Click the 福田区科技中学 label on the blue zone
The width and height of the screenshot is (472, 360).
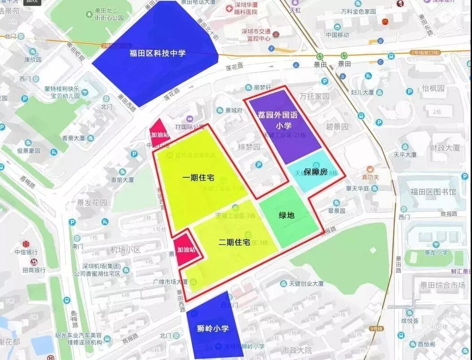coord(157,53)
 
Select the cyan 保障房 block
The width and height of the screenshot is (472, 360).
coord(316,172)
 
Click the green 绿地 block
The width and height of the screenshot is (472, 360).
coord(287,215)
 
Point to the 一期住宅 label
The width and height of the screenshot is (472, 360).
coord(198,178)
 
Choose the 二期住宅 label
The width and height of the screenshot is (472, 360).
coord(234,242)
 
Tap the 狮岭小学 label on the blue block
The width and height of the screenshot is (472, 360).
coord(213,328)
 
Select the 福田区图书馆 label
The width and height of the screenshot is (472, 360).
coord(433,192)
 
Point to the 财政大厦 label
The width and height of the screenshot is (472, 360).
coord(445,147)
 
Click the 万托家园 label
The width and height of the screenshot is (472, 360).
coord(315,97)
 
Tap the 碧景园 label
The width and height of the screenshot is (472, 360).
coord(337,127)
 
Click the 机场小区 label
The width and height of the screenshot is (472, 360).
coord(125,250)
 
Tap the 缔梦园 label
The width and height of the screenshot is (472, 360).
coord(249,147)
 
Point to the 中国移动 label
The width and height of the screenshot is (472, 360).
coord(337,35)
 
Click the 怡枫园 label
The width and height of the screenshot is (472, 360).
coord(433,88)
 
